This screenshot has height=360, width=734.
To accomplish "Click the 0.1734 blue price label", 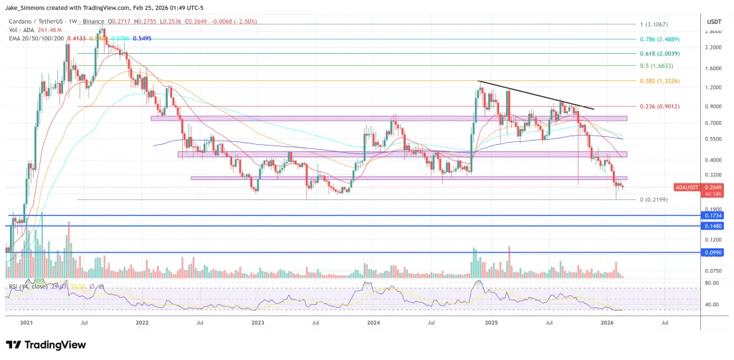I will [x=713, y=215].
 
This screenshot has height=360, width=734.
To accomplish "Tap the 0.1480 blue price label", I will [x=713, y=226].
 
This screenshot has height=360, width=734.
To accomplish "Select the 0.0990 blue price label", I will [x=713, y=252].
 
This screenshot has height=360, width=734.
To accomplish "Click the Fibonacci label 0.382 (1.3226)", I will [x=657, y=81].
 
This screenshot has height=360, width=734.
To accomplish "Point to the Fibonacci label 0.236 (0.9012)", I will [x=657, y=107].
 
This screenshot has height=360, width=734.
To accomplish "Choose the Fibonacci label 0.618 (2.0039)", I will [x=657, y=54].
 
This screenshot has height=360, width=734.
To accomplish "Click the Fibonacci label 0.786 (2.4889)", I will [x=657, y=39].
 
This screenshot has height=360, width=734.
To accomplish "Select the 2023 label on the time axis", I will [x=259, y=323].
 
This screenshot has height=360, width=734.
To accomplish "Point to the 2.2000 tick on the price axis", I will [x=713, y=47].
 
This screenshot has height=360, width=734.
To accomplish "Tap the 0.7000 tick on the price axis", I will [x=713, y=123].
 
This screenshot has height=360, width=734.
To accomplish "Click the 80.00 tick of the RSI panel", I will [x=712, y=283].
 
